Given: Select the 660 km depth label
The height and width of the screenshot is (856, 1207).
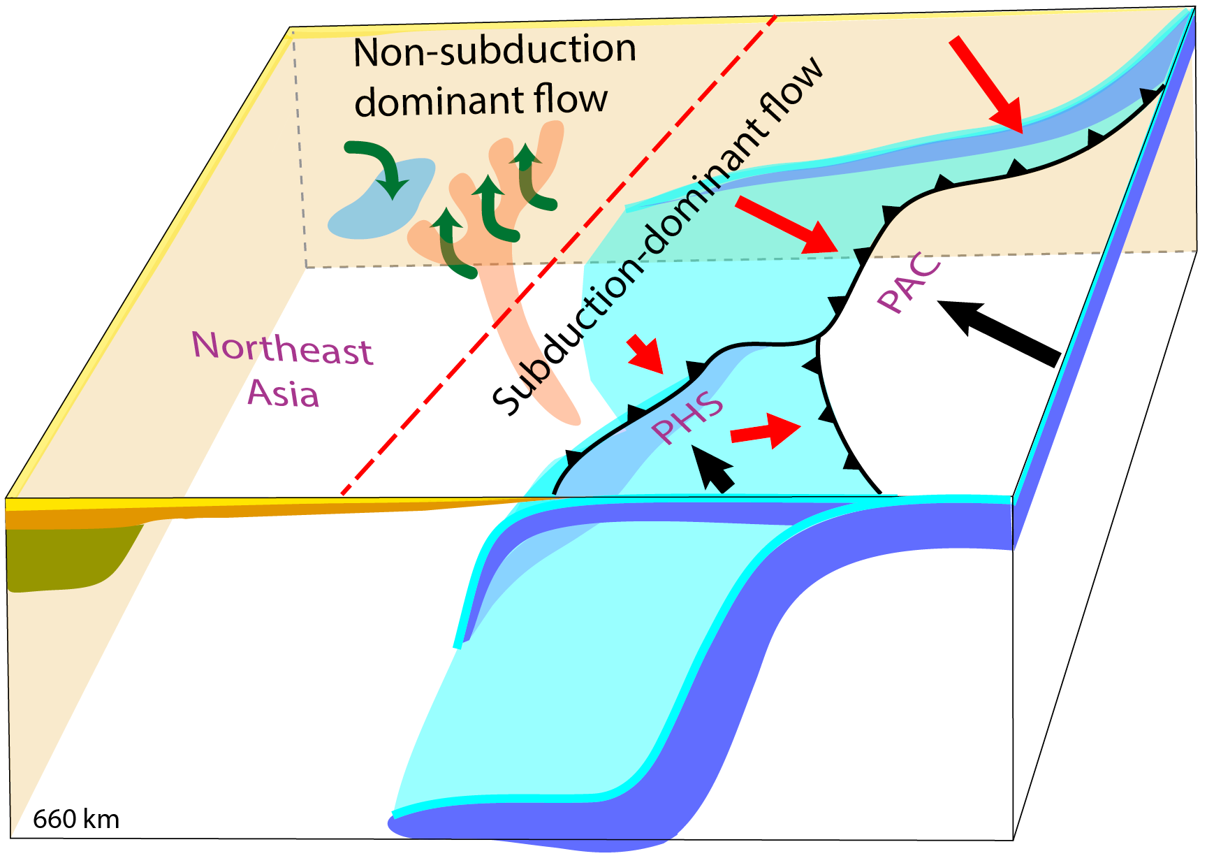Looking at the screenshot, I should tap(76, 819).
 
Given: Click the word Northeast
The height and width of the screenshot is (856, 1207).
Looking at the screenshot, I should tap(282, 347).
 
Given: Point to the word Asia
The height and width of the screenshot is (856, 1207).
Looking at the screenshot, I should tap(284, 393).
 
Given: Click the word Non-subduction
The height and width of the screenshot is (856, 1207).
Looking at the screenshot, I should tap(495, 50).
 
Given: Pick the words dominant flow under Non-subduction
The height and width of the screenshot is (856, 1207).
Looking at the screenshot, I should tap(481, 100).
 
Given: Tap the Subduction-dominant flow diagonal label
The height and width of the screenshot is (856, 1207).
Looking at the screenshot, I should tap(657, 238).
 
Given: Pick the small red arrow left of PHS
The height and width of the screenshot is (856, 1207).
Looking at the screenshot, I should tap(645, 354).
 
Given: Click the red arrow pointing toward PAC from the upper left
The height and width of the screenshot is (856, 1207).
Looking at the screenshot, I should tap(787, 224).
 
